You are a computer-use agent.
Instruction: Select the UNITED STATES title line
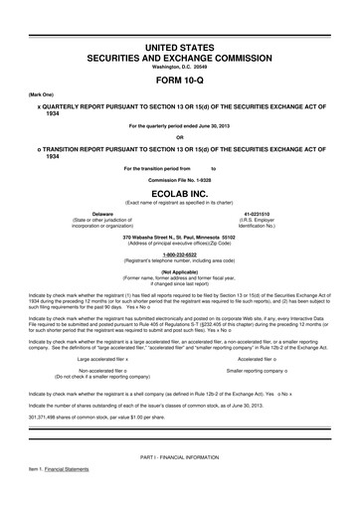pos(180,48)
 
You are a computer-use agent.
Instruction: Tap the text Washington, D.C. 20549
pos(180,67)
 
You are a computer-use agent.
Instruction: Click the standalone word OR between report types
pos(180,137)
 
